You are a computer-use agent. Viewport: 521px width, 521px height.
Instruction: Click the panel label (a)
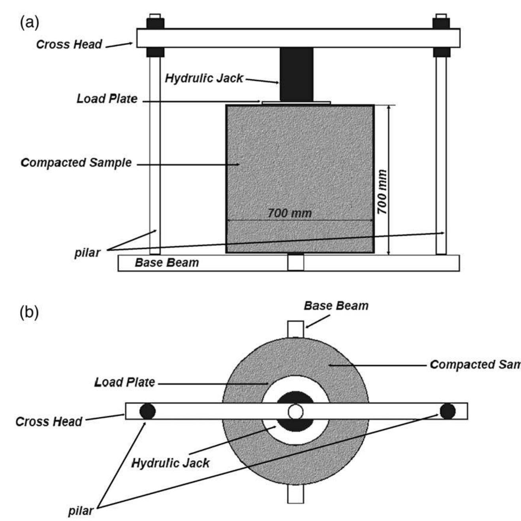(x=29, y=23)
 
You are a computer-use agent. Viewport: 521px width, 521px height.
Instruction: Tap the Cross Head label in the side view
(x=69, y=44)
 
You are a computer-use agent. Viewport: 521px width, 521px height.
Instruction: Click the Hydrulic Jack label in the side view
(x=204, y=78)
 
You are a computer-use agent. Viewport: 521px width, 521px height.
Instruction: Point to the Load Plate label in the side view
(x=107, y=99)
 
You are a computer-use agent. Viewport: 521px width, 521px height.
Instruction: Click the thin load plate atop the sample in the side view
(x=296, y=103)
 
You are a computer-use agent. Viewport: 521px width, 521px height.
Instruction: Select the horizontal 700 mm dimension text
(x=290, y=213)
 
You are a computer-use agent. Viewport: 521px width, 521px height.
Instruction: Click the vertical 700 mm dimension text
(x=382, y=192)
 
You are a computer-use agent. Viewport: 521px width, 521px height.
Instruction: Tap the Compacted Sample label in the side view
(x=76, y=162)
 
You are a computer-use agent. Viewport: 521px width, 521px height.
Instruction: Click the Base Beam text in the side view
(x=167, y=263)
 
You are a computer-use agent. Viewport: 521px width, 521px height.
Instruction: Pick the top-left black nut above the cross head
(x=155, y=23)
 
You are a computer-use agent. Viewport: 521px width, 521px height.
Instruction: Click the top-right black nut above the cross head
(x=441, y=23)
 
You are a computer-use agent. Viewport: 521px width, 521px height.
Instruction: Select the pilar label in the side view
(x=87, y=252)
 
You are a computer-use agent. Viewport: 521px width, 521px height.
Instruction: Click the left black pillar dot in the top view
(x=147, y=411)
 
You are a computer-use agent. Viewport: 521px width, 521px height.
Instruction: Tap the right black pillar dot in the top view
(x=448, y=411)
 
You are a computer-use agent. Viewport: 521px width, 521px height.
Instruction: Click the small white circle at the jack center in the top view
(x=295, y=412)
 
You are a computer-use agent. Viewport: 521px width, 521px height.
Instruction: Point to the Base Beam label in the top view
(x=336, y=306)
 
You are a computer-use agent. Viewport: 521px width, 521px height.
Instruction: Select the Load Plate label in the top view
(x=124, y=382)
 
